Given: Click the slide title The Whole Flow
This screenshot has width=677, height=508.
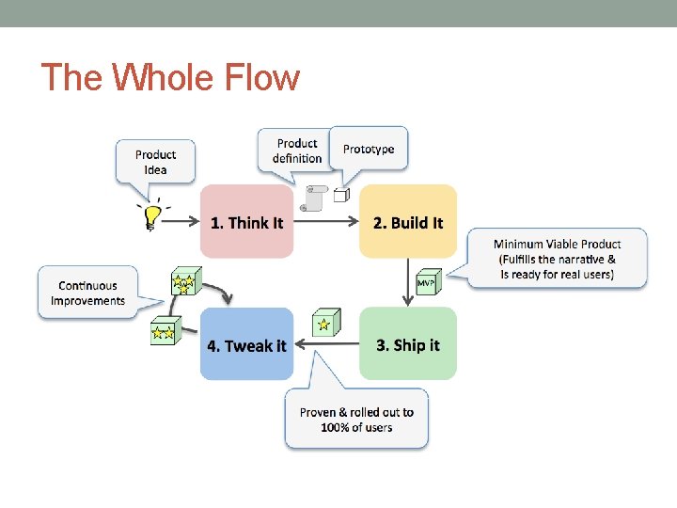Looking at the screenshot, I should coord(170,77).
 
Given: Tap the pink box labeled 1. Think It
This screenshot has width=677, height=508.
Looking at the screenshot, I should coord(246,222).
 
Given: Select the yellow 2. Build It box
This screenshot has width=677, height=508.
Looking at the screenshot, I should coord(407,222).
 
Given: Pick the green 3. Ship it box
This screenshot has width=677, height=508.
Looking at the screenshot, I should coord(407,344).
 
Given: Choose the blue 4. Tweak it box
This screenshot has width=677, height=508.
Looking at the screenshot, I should coord(246,344).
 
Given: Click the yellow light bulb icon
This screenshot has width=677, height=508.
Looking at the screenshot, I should coord(150,215).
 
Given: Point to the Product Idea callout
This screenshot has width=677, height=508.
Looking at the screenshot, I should coord(155,162).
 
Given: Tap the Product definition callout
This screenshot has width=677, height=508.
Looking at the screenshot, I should coord(296,151).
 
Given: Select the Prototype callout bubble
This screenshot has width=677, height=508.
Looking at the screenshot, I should coord(369,149).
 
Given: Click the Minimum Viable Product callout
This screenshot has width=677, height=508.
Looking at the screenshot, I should coord(557,258).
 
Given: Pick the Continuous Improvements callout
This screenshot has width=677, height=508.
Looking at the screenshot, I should coord(87,293).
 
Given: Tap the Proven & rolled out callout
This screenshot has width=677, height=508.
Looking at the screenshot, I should coord(356,420).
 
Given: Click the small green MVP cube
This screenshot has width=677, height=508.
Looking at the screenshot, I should coord(427,281).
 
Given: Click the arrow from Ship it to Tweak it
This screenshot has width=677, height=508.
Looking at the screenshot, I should coord(325,344).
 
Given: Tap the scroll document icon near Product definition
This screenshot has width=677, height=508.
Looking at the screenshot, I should coord(312,198).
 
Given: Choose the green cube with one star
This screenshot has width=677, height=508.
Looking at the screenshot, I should coord(324,323).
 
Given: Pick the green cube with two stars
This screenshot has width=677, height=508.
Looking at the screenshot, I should coord(163,331).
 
